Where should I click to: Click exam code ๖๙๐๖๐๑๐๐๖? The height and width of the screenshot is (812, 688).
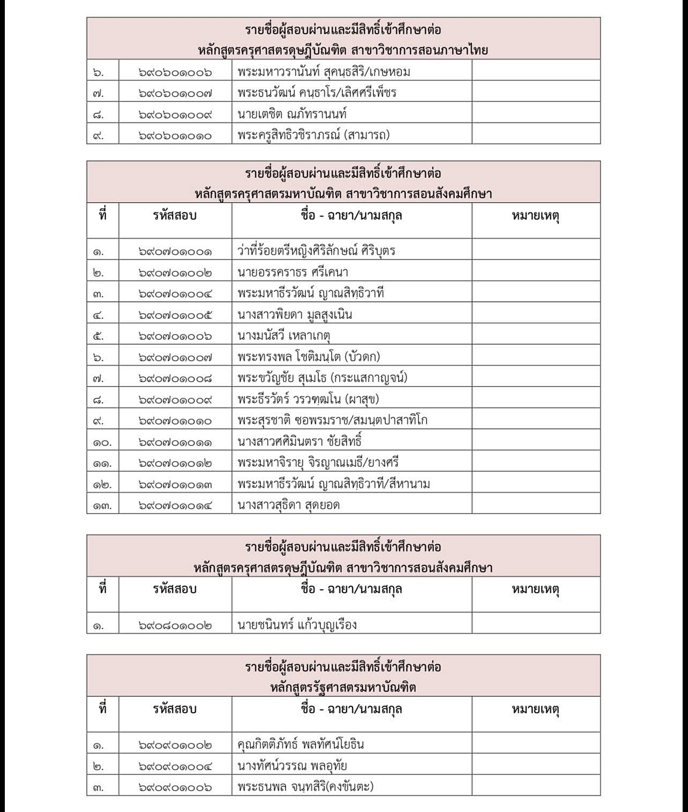[175, 72]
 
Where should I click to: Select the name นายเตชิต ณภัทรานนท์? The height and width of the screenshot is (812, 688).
[292, 114]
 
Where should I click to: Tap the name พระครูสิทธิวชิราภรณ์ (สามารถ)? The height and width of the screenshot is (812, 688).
[313, 135]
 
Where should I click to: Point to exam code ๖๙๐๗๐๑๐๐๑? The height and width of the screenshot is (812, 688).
[175, 251]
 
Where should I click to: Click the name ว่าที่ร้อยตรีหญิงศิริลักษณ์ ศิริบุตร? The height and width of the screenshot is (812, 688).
[316, 251]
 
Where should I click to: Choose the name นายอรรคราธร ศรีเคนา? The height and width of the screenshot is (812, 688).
[293, 272]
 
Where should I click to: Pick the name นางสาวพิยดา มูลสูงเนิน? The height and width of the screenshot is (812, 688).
[295, 315]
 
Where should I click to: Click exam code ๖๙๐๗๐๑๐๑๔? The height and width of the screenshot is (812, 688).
[175, 505]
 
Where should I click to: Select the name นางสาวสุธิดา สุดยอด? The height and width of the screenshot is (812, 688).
[288, 505]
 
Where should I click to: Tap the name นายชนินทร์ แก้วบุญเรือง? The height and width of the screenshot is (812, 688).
[297, 624]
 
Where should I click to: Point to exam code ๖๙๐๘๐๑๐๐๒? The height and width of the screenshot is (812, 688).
[175, 625]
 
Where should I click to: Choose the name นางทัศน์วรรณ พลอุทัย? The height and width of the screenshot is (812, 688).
[292, 766]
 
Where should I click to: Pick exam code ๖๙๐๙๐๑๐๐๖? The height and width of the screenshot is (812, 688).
[175, 787]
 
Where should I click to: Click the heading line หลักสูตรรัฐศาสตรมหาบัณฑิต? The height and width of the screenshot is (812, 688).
[343, 687]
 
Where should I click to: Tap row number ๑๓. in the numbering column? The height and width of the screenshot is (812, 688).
[102, 505]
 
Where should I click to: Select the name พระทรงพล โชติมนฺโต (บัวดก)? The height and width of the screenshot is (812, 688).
[309, 357]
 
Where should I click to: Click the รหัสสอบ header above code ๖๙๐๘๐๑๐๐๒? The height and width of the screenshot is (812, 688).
[175, 589]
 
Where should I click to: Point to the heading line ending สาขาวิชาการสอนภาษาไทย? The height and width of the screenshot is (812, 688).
[343, 50]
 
